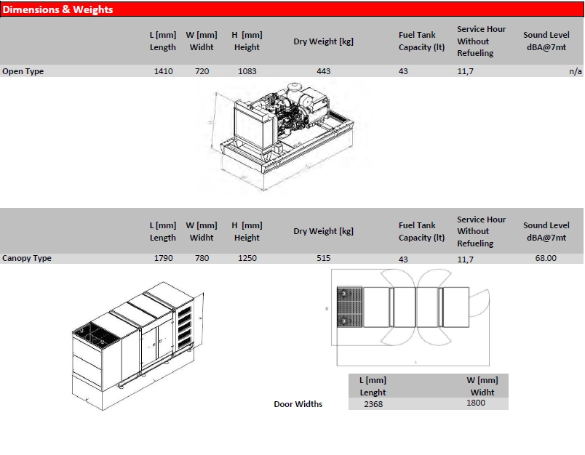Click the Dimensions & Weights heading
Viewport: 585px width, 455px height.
57,9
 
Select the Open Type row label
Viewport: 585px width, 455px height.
23,71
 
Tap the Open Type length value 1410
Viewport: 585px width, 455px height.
164,71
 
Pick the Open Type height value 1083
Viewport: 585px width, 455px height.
247,71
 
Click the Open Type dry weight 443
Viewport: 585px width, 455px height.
324,71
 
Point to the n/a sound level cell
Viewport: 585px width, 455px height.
576,71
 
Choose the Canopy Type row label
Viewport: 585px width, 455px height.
27,258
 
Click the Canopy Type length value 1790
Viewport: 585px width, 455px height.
164,258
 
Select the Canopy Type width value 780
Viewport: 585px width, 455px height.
202,258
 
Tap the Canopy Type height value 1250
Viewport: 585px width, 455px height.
247,258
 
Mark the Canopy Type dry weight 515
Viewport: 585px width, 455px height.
324,258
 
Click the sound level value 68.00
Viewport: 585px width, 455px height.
546,258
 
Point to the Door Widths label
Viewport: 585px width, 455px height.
298,404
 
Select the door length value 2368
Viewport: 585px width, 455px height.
373,404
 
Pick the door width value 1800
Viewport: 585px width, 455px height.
476,403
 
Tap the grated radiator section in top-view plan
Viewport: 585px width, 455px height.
349,307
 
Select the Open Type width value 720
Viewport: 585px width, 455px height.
202,71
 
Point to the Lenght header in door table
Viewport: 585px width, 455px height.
373,392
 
